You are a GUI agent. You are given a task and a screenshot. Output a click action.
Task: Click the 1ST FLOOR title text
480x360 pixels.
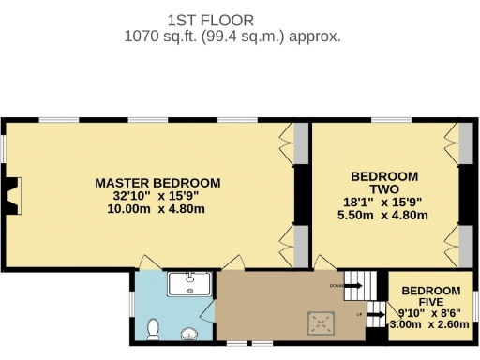pos(210,20)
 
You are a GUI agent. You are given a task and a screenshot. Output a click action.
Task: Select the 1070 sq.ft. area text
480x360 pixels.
pos(232,37)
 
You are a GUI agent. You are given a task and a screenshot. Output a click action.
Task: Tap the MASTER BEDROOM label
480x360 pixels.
pos(157,182)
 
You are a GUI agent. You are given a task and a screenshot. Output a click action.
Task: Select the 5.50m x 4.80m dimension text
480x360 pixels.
pos(384,215)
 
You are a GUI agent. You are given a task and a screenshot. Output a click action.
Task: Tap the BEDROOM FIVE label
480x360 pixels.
pos(431,296)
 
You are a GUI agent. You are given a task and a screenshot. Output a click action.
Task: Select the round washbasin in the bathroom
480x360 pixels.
pos(191,332)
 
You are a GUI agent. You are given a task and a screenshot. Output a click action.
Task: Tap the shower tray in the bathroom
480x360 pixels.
pos(192,283)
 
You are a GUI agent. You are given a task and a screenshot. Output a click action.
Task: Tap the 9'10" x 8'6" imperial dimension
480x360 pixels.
pos(431,312)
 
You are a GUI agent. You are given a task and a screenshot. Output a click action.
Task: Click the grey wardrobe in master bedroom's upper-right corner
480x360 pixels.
pos(300,145)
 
